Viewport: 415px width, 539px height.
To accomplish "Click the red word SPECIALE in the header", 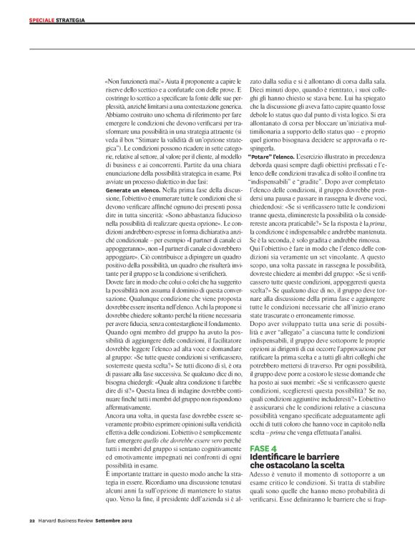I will point(41,20).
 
